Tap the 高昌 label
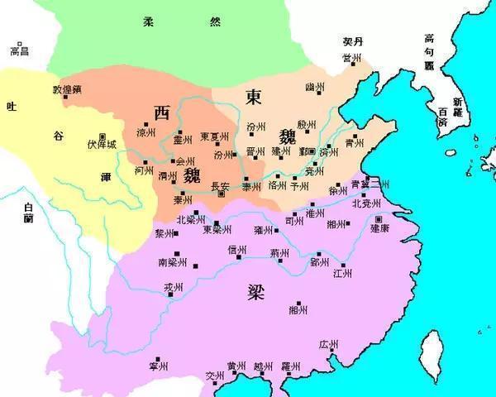click(19, 51)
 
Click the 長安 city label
click(221, 185)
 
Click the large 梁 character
click(257, 290)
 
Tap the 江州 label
click(342, 273)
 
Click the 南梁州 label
click(172, 262)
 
